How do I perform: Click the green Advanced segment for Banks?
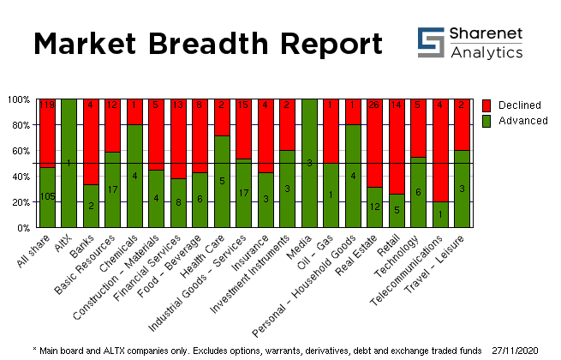click(x=92, y=206)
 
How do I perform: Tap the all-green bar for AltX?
click(x=69, y=163)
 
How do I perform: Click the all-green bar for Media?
click(x=308, y=163)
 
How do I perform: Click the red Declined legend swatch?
click(x=487, y=105)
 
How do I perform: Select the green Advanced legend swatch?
click(x=487, y=121)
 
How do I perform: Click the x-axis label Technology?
click(x=406, y=249)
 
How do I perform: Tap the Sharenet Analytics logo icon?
click(x=430, y=40)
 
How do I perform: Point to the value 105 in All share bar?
click(x=47, y=196)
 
